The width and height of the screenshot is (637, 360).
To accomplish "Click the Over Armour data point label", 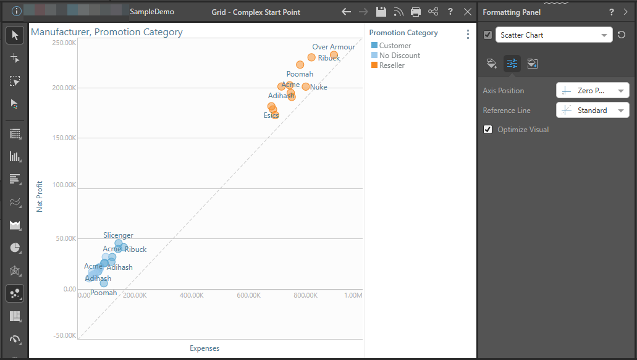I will pos(334,47).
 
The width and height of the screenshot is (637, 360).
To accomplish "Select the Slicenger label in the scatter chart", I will pos(118,235).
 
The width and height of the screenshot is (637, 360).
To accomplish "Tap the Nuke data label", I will pos(319,87).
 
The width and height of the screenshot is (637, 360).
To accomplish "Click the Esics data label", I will pos(271,115).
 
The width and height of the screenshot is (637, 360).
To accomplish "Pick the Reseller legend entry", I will pos(392,65).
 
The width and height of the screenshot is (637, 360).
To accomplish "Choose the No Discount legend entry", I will pos(399,56).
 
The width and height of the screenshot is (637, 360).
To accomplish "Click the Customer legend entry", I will pos(395,46).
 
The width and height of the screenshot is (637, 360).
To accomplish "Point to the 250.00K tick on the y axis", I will pos(64,43).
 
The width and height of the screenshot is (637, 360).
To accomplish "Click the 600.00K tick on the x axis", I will pos(248,296).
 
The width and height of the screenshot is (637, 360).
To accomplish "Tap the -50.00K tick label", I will pos(64,336).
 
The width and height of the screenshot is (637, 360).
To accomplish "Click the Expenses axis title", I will pos(205,348).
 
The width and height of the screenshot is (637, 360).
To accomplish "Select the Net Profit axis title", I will pos(40,196).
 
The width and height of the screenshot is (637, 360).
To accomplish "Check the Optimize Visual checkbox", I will pos(488,130).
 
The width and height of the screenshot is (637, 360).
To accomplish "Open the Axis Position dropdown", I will pos(593,91).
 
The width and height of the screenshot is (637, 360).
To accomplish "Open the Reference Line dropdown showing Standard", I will pos(593,111).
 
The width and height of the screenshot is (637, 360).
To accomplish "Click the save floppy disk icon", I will pos(381,12).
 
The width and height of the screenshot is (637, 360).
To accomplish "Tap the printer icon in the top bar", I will pos(416,12).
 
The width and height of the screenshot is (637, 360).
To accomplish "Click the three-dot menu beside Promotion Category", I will pos(468,35).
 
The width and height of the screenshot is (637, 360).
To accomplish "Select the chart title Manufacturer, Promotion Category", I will pos(107,32).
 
